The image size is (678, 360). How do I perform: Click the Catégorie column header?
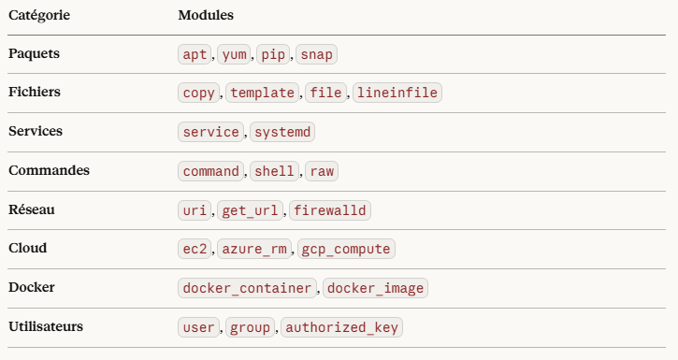pos(39,15)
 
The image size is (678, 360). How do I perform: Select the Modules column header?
pos(206,15)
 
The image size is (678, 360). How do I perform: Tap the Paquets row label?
pos(35,53)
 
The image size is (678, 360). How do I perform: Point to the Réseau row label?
pos(32,209)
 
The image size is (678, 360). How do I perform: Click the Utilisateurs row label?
pos(46,326)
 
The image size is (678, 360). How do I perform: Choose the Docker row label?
pos(32,287)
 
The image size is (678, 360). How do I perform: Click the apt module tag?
pos(195,54)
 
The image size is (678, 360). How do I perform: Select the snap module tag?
pos(316,54)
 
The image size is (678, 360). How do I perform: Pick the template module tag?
pos(263,93)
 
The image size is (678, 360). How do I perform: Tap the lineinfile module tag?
pos(397,93)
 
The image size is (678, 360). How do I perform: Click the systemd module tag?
pos(282,132)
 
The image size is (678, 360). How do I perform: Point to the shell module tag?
pos(274,171)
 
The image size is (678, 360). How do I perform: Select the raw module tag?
pos(322,171)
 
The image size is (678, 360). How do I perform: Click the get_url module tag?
pos(250,210)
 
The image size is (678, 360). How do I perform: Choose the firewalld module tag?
pos(330,210)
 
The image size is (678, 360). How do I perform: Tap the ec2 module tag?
pos(195,249)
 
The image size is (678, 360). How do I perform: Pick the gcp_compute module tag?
pos(346,249)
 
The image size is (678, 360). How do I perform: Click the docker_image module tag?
pos(375,288)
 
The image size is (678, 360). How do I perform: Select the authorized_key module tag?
pos(341,327)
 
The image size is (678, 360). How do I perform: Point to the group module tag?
pos(250,327)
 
